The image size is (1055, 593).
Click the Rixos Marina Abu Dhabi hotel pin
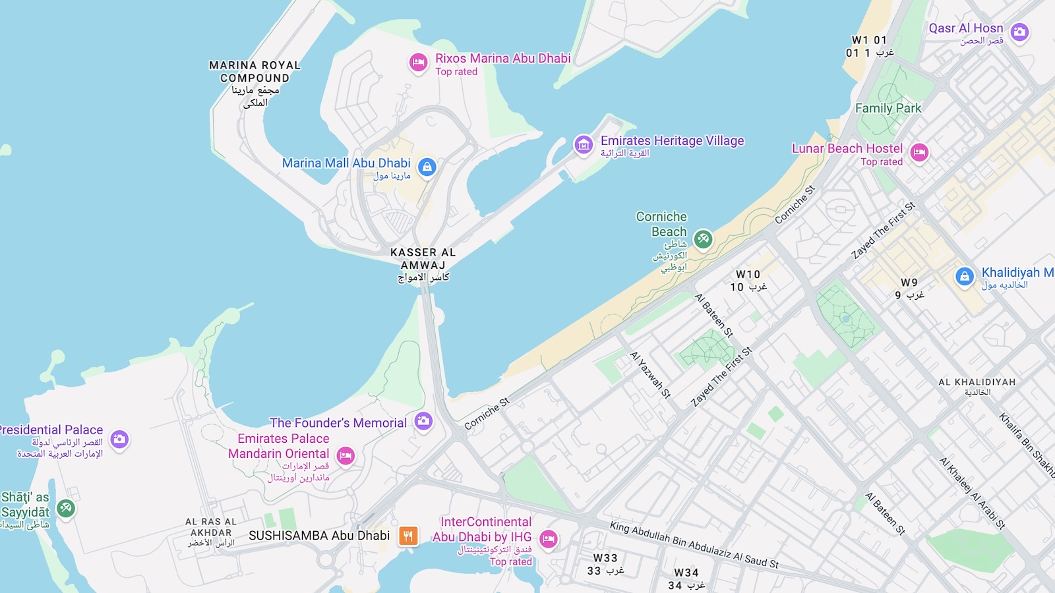coord(418,63)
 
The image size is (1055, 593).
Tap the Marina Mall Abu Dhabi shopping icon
coord(427,167)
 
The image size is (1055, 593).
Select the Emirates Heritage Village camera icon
coord(584,144)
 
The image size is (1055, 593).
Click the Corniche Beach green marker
coord(703,239)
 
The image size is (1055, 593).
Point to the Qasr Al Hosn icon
coord(1019,32)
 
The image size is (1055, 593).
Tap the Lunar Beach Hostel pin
coord(919,153)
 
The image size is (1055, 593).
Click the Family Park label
coord(888,108)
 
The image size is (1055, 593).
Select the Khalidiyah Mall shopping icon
coord(965,277)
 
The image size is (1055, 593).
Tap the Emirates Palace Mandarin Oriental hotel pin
coord(346,455)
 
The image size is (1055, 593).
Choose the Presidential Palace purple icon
coord(119,439)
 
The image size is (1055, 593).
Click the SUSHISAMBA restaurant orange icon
coord(408,536)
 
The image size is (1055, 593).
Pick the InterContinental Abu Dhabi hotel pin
coord(549,540)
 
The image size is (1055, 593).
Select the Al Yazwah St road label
coord(650,375)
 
